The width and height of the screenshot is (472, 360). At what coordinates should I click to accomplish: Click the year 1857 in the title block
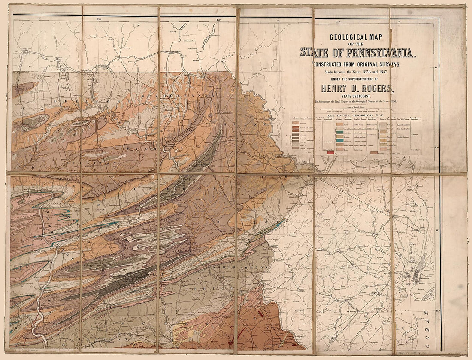(x=380, y=72)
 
